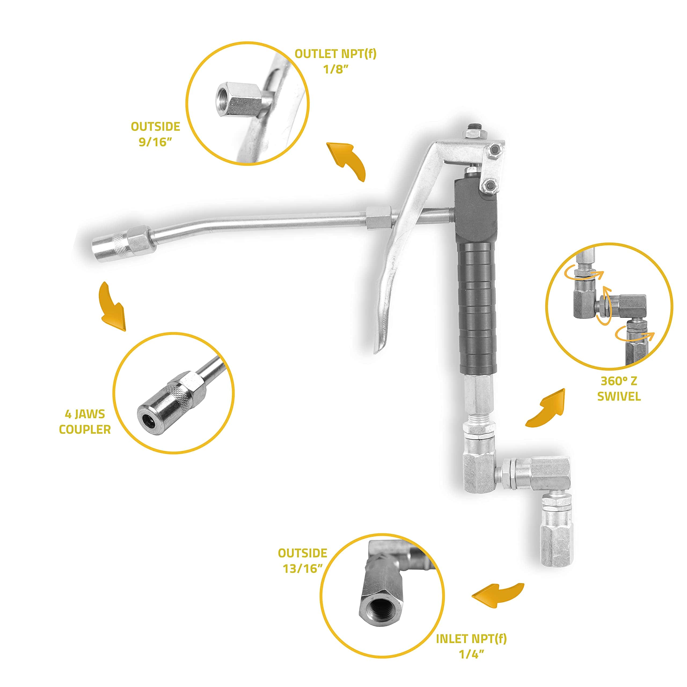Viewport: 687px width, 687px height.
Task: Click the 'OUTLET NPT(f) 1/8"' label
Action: tap(335, 61)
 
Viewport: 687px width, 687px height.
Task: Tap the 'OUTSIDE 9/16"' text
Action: tap(155, 134)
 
